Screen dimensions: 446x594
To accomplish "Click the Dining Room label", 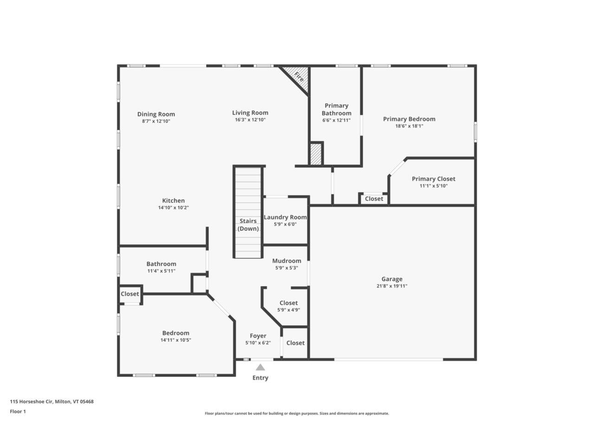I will tap(156, 114).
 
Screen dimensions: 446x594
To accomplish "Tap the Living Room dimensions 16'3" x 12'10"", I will tap(250, 120).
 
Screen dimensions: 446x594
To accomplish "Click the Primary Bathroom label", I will tap(336, 109).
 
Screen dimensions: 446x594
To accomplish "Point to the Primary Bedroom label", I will tap(409, 119).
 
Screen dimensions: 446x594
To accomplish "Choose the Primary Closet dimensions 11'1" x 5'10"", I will tap(433, 186).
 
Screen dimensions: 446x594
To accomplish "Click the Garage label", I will tap(392, 279).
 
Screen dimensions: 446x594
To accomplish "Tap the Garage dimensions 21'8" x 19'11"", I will tap(392, 286).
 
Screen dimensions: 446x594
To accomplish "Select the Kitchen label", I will tap(173, 201).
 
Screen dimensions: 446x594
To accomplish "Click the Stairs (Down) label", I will tap(248, 225).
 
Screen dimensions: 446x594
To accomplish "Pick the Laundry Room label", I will tap(285, 217).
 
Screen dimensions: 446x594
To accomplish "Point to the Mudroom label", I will tap(286, 261).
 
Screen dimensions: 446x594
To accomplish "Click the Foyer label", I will tap(258, 336).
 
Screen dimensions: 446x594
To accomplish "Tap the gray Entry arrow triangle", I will tap(260, 367).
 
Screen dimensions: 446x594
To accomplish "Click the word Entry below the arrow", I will tap(260, 378).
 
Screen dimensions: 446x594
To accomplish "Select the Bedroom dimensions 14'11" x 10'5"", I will tap(176, 340).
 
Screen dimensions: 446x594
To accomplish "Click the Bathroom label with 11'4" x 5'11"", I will tap(161, 264).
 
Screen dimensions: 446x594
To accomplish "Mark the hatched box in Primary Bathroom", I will tap(316, 154).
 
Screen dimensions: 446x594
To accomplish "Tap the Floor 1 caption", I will tap(18, 411).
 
